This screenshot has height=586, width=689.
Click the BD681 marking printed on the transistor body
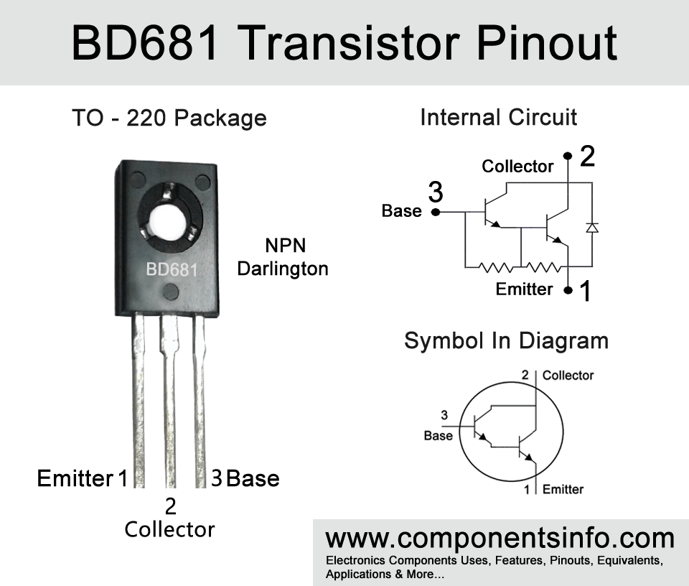[x=172, y=269]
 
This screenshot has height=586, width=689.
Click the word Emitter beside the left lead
[x=75, y=478]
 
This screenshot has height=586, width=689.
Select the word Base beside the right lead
[x=253, y=478]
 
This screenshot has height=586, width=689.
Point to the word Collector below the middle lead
[x=169, y=529]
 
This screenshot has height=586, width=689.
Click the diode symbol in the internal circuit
[x=592, y=227]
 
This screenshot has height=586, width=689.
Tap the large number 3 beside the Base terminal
[x=436, y=192]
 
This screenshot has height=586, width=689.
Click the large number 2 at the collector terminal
[x=588, y=156]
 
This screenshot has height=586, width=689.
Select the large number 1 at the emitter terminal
[x=586, y=291]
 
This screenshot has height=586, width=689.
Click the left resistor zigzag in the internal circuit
[x=495, y=267]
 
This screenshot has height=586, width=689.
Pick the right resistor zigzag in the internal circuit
[x=543, y=267]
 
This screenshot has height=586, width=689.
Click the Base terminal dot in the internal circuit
[x=436, y=213]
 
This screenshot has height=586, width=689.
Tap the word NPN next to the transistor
[x=285, y=246]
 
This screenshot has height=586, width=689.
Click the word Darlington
[x=283, y=269]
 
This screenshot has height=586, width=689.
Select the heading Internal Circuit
[x=498, y=117]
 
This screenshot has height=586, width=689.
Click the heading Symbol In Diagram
[x=506, y=341]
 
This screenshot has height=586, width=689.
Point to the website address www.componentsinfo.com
[x=500, y=538]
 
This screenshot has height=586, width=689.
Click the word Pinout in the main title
[x=547, y=43]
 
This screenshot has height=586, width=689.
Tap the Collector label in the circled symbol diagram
[x=568, y=376]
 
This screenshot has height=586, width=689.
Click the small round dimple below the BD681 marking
[x=171, y=292]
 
